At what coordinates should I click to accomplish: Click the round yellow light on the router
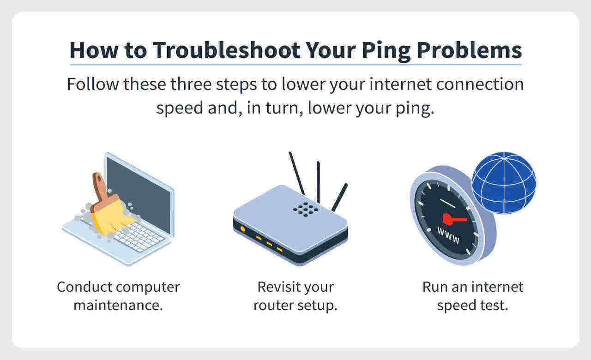click(x=242, y=229)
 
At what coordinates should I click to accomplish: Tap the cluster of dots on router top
click(x=305, y=208)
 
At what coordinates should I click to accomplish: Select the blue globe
click(x=504, y=182)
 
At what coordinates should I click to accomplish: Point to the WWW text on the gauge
click(x=448, y=235)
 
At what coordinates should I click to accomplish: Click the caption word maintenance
click(x=118, y=306)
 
